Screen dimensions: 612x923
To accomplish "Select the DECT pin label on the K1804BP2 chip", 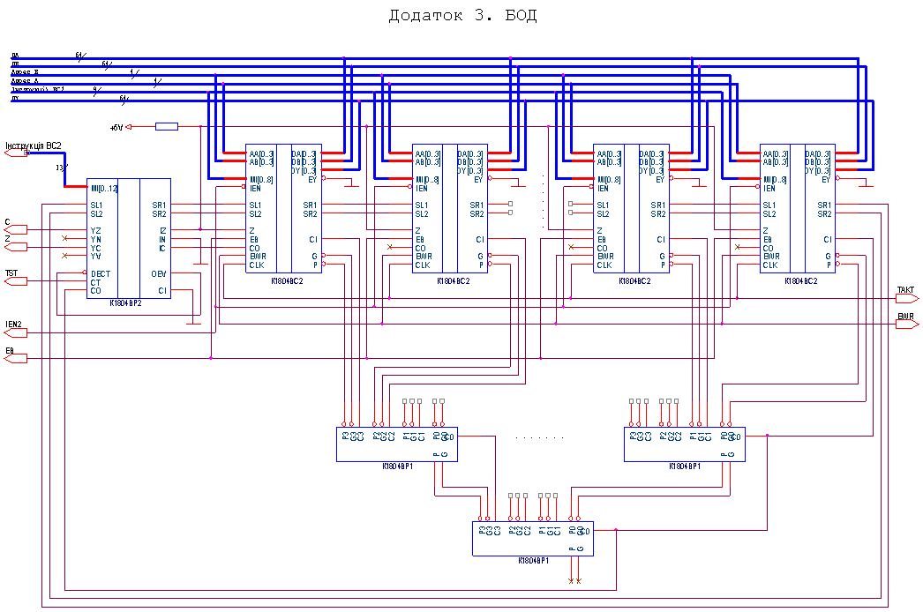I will [x=101, y=273].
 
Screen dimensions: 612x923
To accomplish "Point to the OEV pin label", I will [x=158, y=273].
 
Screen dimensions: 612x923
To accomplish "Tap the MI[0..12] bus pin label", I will [x=103, y=189].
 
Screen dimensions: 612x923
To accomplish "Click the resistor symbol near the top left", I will [x=166, y=127].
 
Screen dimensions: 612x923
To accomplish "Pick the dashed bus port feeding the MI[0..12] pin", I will [x=17, y=153].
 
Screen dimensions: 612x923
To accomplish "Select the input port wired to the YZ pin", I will [x=16, y=229].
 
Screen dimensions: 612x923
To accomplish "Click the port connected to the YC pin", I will [x=16, y=247].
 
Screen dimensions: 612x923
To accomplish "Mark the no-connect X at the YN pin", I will [x=64, y=238].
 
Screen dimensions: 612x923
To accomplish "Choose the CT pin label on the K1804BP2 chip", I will [x=95, y=282].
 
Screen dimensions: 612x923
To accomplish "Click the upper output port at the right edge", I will [x=907, y=298].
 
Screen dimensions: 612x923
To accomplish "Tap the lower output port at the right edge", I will [x=907, y=325].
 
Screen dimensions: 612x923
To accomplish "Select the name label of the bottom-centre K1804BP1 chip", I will [x=533, y=560].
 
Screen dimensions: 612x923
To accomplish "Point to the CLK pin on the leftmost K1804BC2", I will [x=257, y=265].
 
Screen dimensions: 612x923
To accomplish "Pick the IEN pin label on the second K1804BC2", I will [x=421, y=189].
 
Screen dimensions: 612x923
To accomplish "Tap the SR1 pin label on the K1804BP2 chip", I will [x=159, y=205].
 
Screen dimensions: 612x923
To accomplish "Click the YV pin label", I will [x=95, y=256].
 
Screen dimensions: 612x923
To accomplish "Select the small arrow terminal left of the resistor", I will [x=129, y=127].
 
